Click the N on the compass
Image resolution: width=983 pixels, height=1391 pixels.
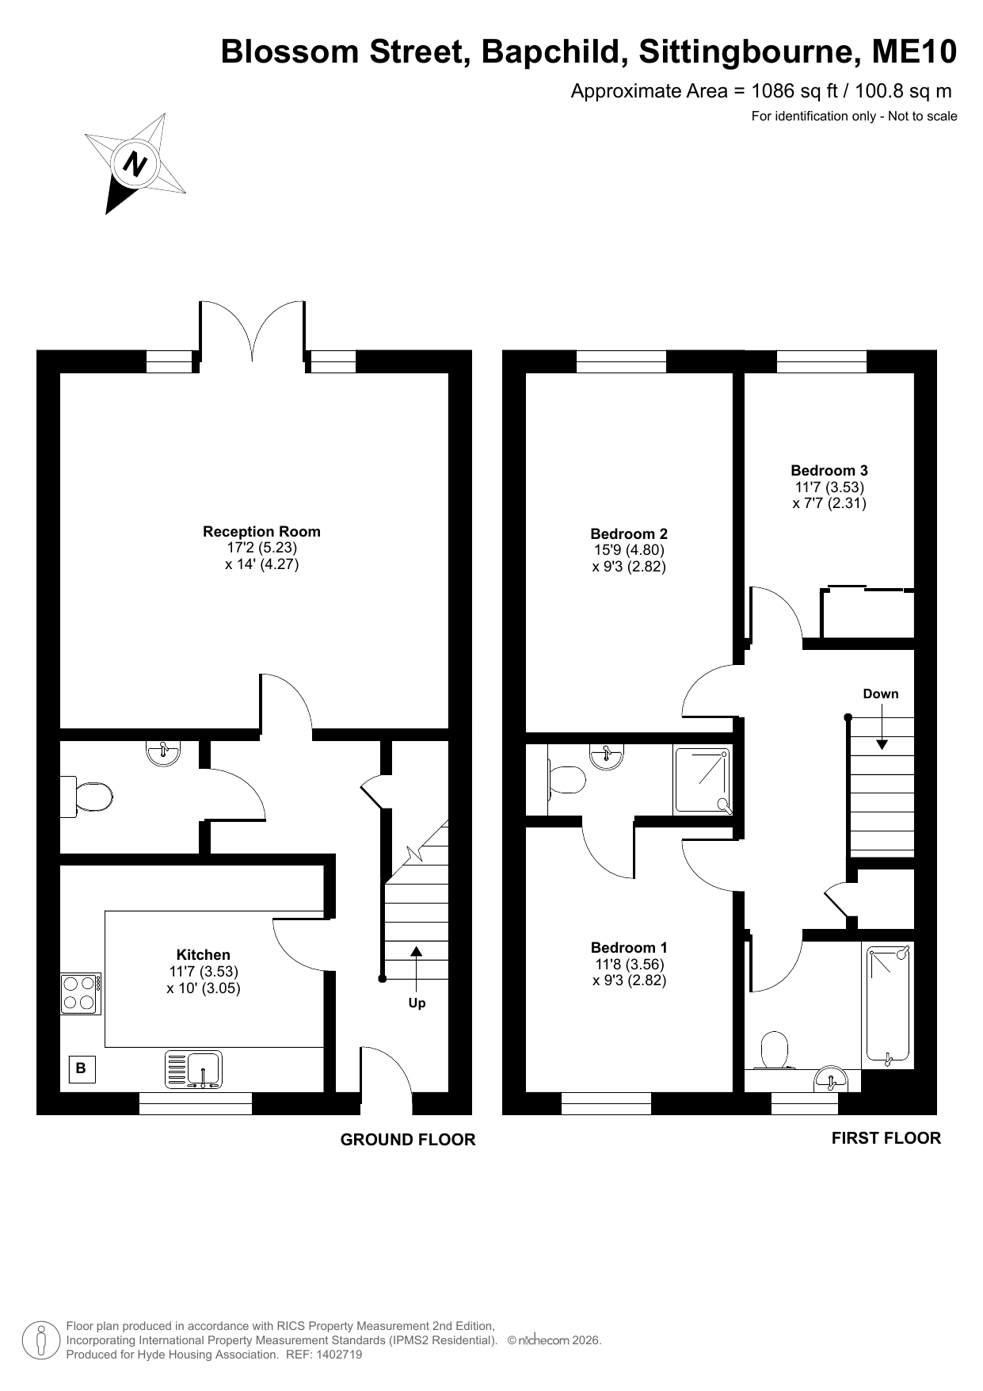pos(135,165)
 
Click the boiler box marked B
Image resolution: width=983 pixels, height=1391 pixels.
pos(81,1068)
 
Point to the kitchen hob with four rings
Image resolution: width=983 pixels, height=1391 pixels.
pos(81,993)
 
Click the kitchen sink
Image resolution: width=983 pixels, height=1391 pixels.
pos(194,1068)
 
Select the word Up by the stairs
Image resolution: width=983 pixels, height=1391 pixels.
pos(417,1003)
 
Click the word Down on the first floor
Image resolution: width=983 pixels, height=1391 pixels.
pos(881,694)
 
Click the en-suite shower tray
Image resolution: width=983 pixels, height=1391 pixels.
pos(703,781)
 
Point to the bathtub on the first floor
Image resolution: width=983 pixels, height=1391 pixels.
pos(888,1004)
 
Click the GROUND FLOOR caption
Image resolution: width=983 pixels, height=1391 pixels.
pos(408,1140)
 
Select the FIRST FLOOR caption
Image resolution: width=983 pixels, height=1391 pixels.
pos(886,1138)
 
